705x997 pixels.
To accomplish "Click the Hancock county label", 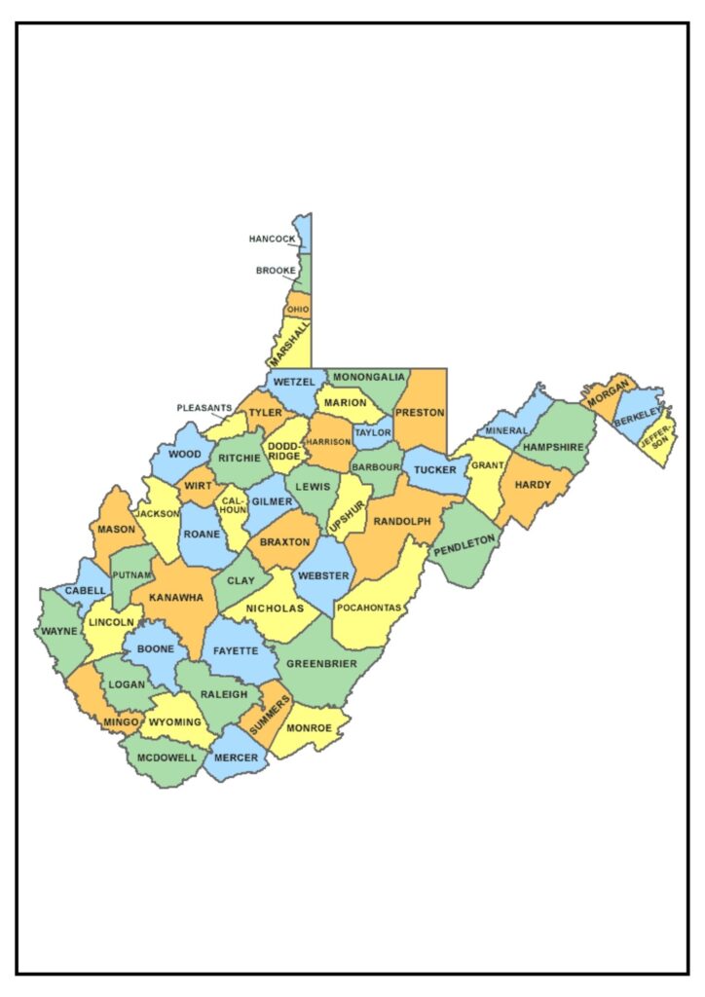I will coord(272,239).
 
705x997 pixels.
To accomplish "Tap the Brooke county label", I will coord(276,271).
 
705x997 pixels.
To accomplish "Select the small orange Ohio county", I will coord(298,309).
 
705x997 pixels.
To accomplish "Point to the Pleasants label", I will coord(204,408).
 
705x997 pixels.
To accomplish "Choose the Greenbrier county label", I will coord(321,664).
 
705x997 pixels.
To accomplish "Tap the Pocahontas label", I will coord(368,608).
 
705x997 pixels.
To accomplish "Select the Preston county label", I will coord(420,411).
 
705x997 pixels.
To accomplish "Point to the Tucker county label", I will coord(434,470).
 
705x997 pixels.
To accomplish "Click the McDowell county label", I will coord(167,757).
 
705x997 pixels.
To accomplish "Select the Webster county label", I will coord(323,575).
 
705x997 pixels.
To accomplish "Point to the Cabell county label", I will coord(86,590).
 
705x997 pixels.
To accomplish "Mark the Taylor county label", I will coord(372,432).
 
